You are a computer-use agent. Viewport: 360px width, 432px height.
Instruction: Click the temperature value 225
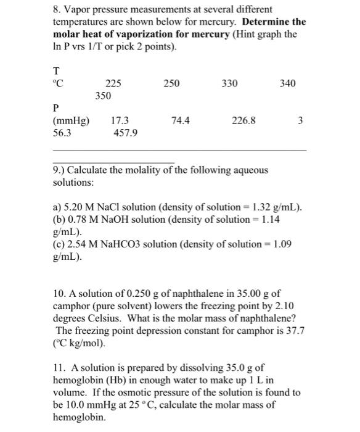(x=113, y=83)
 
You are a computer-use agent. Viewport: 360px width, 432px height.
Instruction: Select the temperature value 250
(x=172, y=83)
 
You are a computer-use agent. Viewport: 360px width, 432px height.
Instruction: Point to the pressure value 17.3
(x=120, y=121)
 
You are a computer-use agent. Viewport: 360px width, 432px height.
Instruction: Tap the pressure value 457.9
(x=126, y=133)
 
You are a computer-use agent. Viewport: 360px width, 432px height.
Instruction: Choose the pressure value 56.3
(x=63, y=133)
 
